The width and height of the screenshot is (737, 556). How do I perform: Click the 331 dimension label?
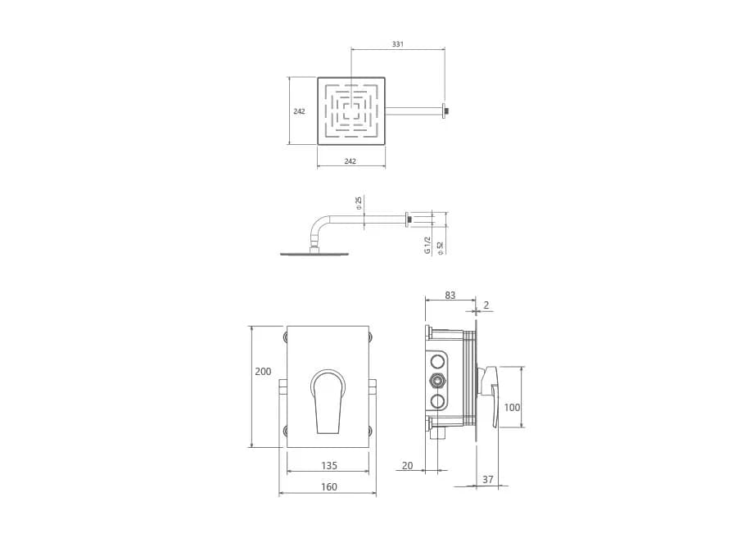tap(398, 44)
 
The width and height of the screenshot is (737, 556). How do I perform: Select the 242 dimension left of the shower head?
tap(299, 111)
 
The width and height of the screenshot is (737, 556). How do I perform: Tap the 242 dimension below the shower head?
tap(350, 161)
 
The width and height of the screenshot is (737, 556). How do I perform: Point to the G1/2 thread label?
tap(427, 245)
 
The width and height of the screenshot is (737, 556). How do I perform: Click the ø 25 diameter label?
tap(359, 202)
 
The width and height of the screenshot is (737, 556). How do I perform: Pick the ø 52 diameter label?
tap(441, 247)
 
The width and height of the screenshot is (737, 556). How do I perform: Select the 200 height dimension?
tap(263, 371)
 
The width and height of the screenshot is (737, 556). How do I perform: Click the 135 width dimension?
tap(329, 465)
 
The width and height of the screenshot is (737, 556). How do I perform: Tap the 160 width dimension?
tap(329, 486)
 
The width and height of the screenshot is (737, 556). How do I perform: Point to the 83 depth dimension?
tap(450, 295)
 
